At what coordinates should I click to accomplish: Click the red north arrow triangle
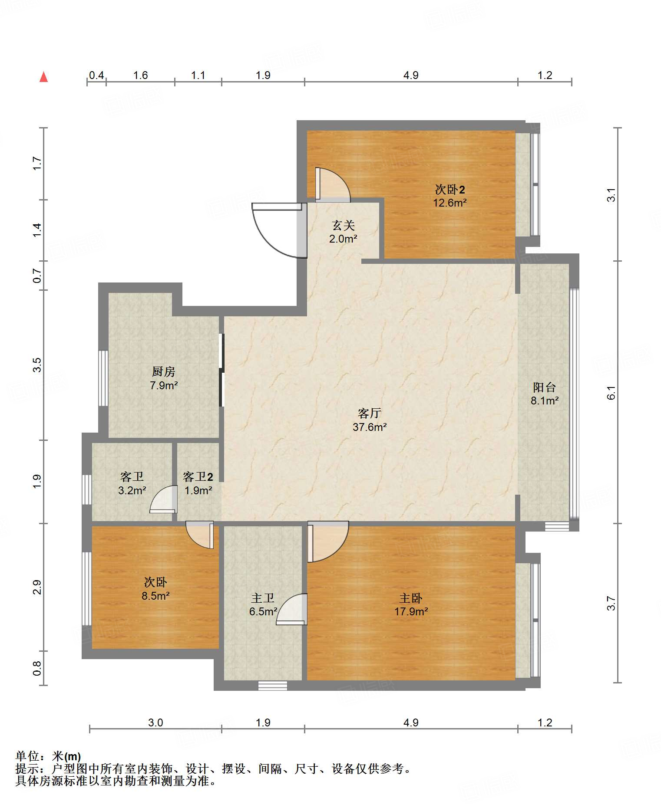pyautogui.click(x=43, y=77)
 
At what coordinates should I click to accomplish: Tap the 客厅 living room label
pyautogui.click(x=370, y=413)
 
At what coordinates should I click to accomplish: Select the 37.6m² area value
pyautogui.click(x=370, y=427)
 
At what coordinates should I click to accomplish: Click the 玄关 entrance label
pyautogui.click(x=344, y=225)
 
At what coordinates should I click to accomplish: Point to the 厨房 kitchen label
pyautogui.click(x=164, y=371)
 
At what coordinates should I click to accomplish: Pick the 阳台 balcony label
pyautogui.click(x=544, y=387)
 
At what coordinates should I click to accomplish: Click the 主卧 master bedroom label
pyautogui.click(x=411, y=598)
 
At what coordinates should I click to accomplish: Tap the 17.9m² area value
pyautogui.click(x=411, y=612)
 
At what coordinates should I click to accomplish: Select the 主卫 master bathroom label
pyautogui.click(x=263, y=598)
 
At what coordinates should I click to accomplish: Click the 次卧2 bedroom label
pyautogui.click(x=450, y=189)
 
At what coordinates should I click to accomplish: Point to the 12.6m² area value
pyautogui.click(x=450, y=203)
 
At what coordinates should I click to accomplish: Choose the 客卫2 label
pyautogui.click(x=198, y=477)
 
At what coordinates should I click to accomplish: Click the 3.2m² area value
pyautogui.click(x=132, y=491)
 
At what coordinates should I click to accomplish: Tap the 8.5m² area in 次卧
pyautogui.click(x=155, y=596)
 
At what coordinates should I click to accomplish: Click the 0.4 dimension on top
pyautogui.click(x=96, y=76)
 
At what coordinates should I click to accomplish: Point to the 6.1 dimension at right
pyautogui.click(x=611, y=392)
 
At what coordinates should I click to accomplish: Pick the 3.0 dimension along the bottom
pyautogui.click(x=155, y=722)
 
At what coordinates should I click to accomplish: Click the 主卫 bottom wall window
pyautogui.click(x=273, y=686)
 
